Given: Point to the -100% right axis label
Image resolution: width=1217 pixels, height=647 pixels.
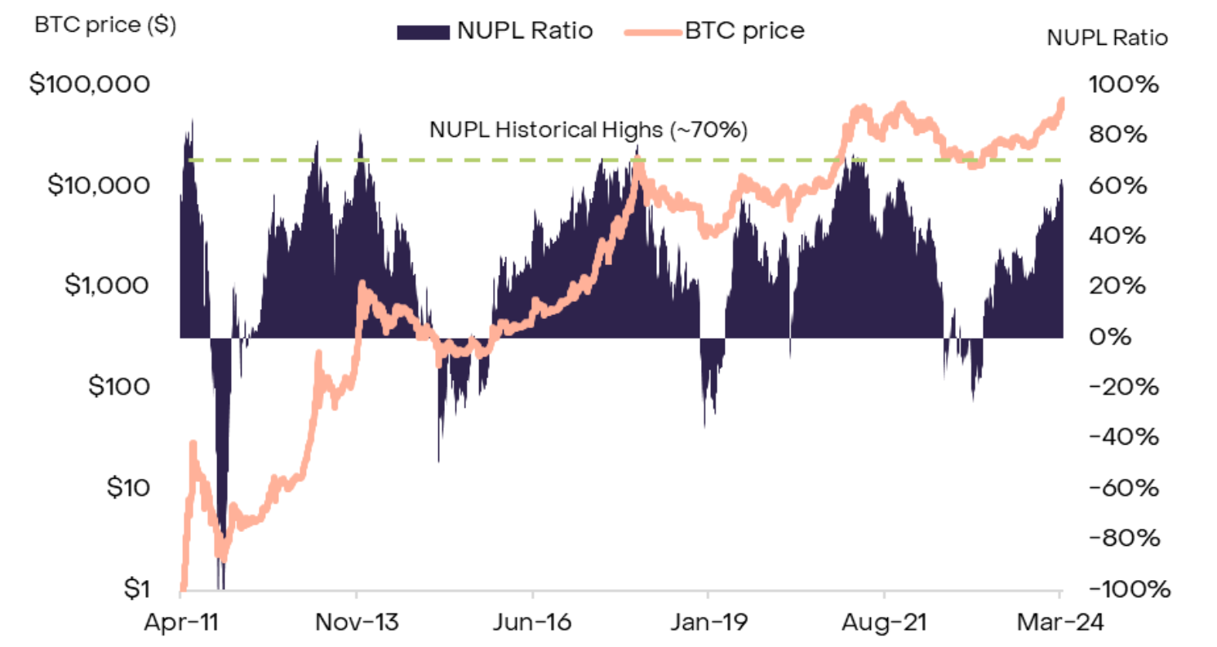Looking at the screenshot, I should pyautogui.click(x=1124, y=589).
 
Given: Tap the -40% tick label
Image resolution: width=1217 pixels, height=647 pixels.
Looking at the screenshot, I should pyautogui.click(x=1126, y=437).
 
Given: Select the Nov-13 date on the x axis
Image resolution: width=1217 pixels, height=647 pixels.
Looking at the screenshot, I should pyautogui.click(x=357, y=623).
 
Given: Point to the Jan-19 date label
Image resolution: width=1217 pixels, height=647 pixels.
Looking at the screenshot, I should pyautogui.click(x=708, y=623).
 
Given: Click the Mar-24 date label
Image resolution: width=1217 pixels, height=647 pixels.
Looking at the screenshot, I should pyautogui.click(x=1059, y=623).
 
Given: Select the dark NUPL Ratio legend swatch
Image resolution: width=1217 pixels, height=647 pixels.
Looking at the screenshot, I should pyautogui.click(x=423, y=32).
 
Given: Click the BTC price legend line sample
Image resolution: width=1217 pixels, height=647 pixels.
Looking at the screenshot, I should pyautogui.click(x=652, y=32).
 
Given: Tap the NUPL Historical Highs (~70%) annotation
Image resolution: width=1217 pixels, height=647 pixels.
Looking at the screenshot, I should pyautogui.click(x=588, y=129).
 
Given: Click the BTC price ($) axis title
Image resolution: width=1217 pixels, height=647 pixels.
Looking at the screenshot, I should pyautogui.click(x=105, y=24).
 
